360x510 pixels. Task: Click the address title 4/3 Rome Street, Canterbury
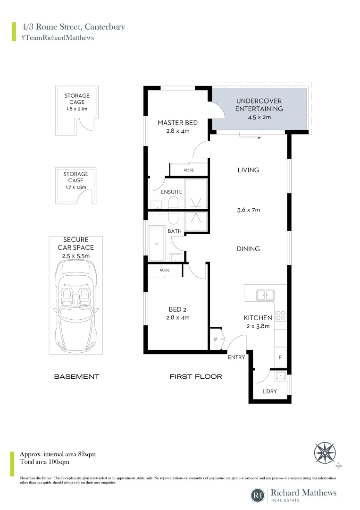point(73,26)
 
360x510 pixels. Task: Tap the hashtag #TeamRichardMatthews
point(57,37)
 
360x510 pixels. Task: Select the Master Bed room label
point(177,123)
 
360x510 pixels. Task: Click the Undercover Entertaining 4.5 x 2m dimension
point(259,117)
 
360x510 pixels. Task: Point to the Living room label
point(248,170)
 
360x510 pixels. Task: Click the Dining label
point(248,249)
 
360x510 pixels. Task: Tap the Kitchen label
point(258,318)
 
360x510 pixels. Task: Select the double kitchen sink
point(265,295)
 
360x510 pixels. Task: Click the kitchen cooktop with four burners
point(280,315)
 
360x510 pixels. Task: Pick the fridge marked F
point(280,357)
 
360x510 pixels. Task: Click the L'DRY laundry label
point(270,391)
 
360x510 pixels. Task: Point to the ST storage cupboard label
point(215,339)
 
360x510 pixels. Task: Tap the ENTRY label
point(236,357)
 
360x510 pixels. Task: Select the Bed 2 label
point(177,309)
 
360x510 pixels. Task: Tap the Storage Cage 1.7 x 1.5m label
point(76,177)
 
